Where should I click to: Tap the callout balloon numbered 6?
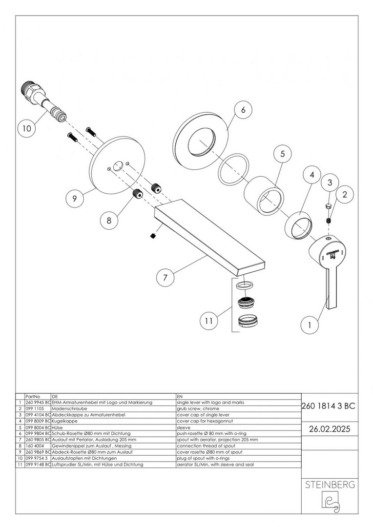[243, 110]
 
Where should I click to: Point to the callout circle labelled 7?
[166, 278]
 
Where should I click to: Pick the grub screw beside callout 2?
[329, 222]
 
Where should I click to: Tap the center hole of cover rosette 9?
[117, 166]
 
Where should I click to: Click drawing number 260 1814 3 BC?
[329, 405]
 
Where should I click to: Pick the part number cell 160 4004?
[34, 446]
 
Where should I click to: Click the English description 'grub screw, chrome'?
[198, 408]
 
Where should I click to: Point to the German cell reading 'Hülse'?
[60, 427]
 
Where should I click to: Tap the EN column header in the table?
[179, 396]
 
